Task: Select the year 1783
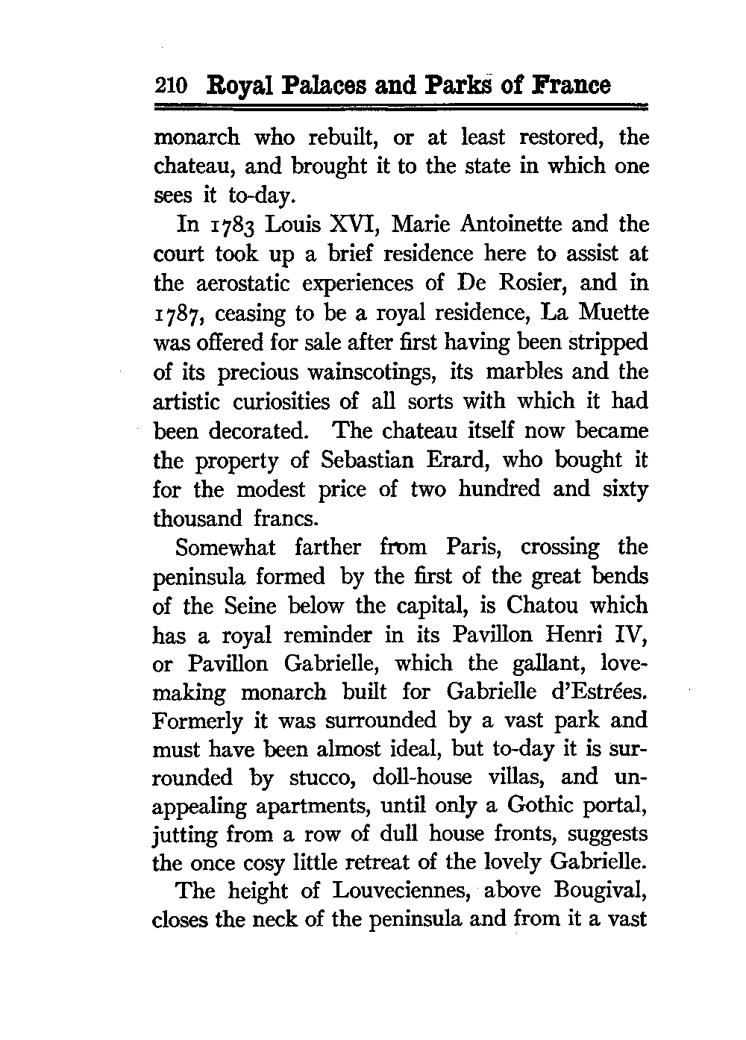(x=231, y=225)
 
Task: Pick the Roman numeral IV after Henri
(x=630, y=635)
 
